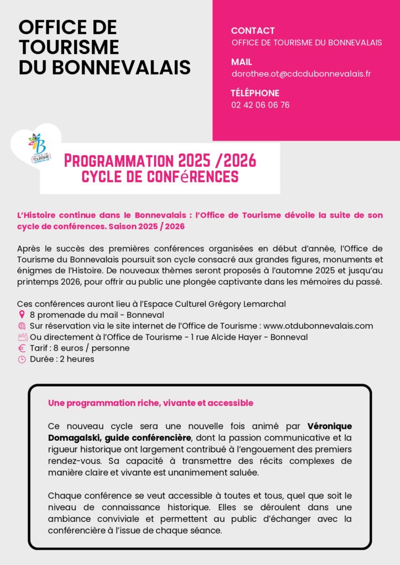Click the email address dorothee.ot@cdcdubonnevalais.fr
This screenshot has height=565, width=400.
point(301,73)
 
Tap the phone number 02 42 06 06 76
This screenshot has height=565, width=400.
point(260,105)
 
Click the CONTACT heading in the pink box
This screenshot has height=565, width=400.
point(252,31)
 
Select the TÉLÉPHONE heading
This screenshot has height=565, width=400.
point(255,93)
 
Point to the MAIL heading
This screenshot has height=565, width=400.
point(241,62)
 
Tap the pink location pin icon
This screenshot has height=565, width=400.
point(22,315)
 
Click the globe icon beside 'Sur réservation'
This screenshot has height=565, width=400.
point(22,326)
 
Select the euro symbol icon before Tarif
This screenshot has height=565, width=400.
point(22,348)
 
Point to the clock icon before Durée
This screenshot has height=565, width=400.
point(22,359)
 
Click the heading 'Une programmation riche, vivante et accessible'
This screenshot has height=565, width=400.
point(150,403)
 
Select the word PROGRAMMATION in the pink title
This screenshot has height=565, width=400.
point(118,161)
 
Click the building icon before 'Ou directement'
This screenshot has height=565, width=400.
point(22,337)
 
